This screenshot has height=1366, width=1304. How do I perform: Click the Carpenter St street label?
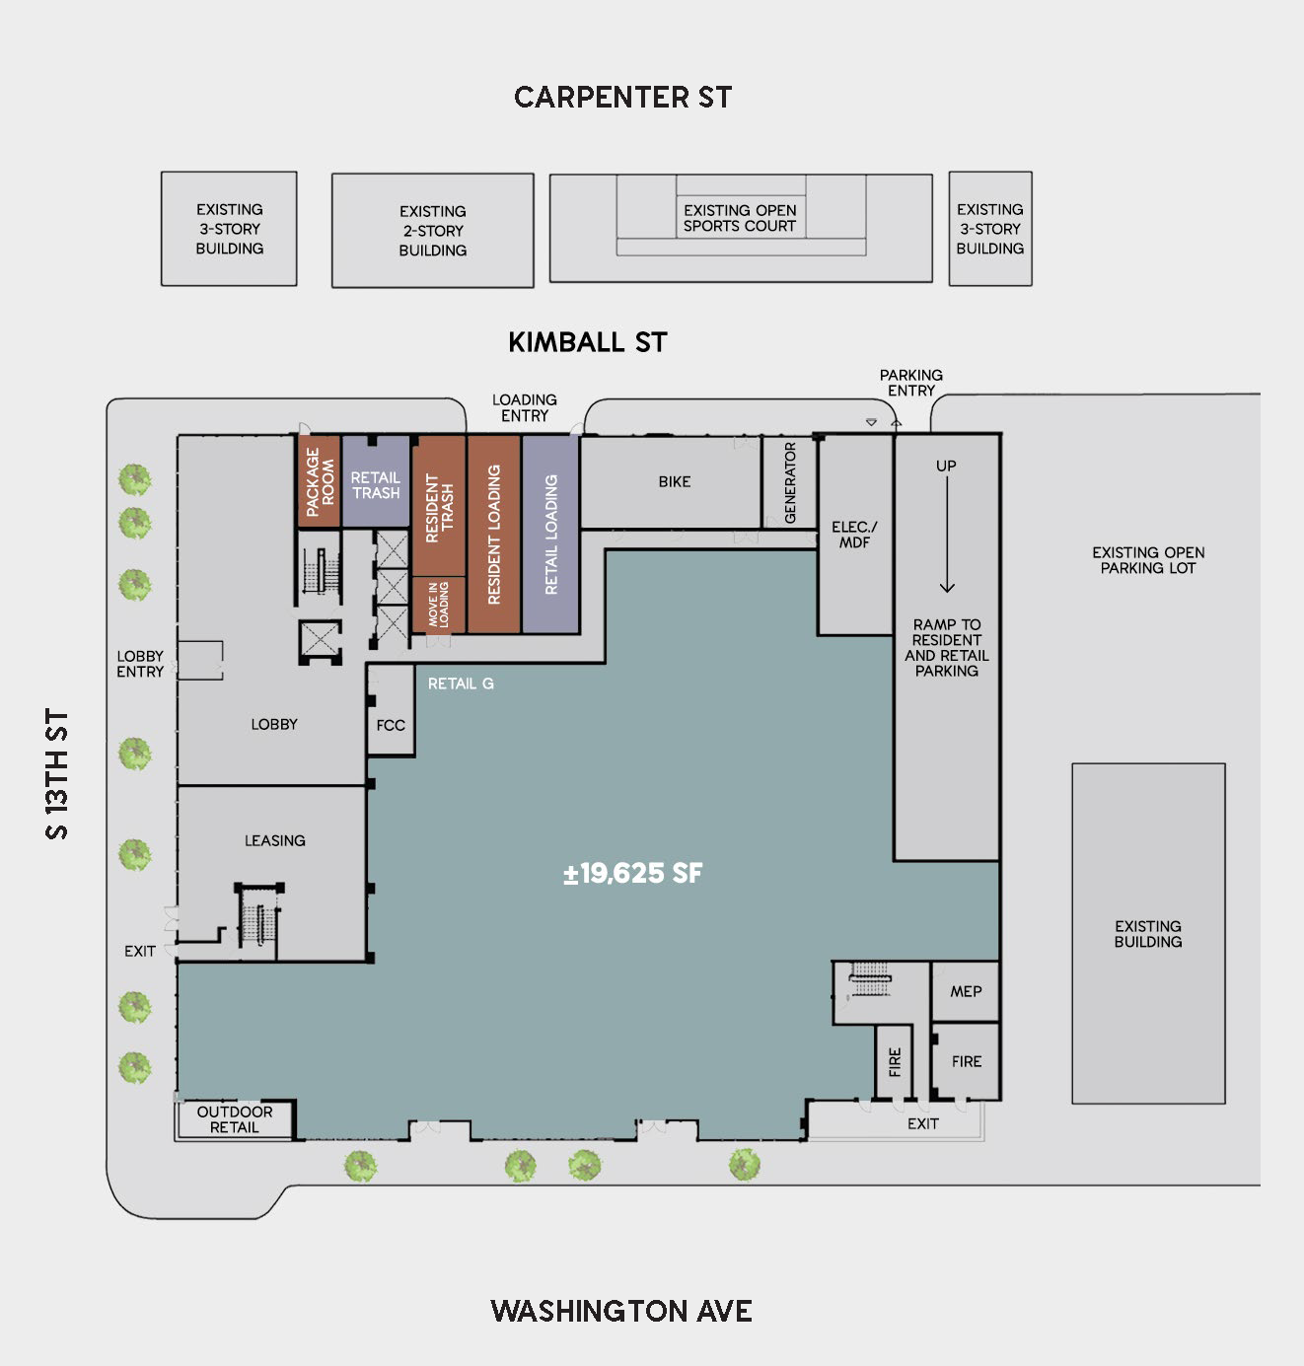pos(622,98)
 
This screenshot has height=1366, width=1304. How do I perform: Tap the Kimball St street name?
pos(587,342)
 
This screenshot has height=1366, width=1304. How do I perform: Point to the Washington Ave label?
pos(621,1311)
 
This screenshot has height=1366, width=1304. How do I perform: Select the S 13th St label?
pos(57,774)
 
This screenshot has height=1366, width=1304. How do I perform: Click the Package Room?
pos(319,480)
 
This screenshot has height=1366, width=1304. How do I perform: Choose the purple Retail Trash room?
pos(376,480)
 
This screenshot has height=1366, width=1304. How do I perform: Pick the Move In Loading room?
pos(439,606)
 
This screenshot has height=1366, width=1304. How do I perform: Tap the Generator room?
pos(790,482)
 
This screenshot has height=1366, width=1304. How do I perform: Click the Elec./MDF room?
pos(855,535)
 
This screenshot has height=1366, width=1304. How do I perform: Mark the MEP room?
pos(966,991)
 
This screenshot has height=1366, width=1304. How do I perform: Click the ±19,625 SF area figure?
pos(632,874)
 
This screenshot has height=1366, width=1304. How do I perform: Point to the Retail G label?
pos(461,683)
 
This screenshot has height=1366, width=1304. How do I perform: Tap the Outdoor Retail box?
pos(234,1119)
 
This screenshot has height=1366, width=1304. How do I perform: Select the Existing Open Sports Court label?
pos(740,218)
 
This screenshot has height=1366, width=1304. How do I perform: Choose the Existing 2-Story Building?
pos(432,230)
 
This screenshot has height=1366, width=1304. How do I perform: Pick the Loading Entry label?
pos(524,408)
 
